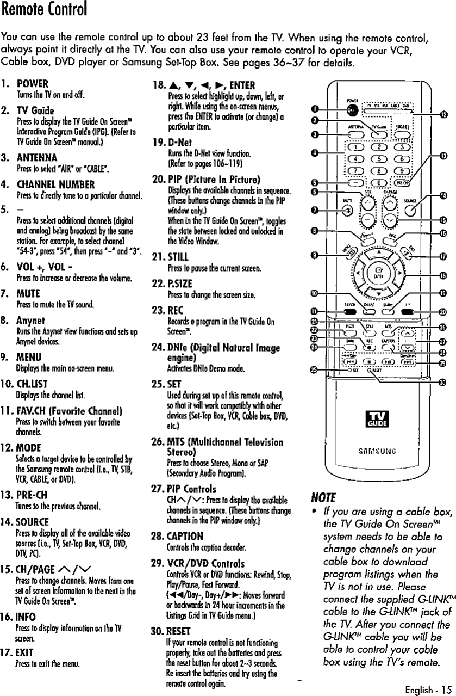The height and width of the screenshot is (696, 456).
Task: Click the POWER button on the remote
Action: tap(354, 109)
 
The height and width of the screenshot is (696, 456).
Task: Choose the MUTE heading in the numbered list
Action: tap(32, 294)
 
